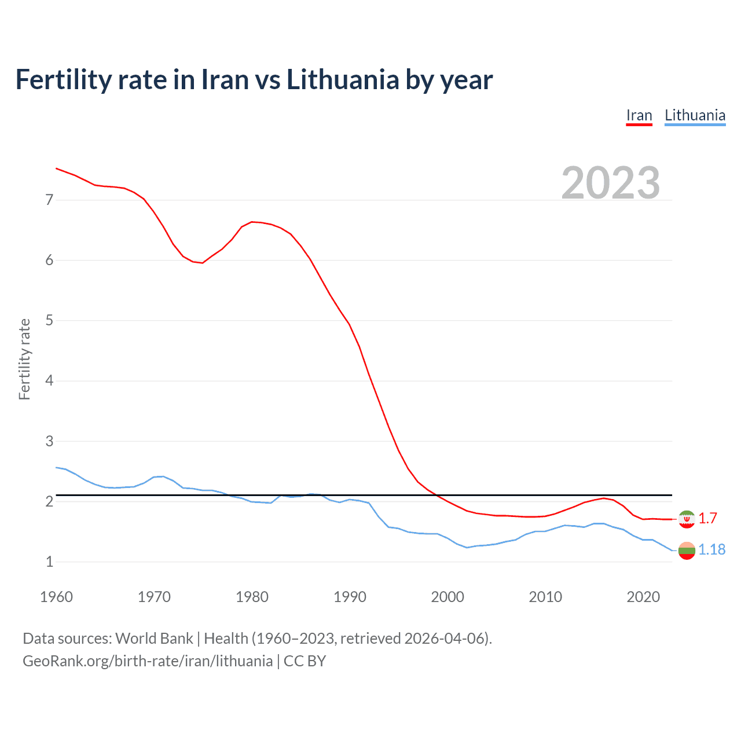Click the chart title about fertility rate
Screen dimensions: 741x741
tap(254, 79)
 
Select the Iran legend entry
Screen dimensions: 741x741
tap(639, 115)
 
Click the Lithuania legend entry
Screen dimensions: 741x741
tap(695, 115)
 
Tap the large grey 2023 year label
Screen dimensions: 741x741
tap(610, 183)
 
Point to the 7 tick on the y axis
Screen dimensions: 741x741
tap(49, 200)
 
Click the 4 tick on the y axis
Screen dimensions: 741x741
tap(49, 381)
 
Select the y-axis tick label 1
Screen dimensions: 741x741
tap(49, 562)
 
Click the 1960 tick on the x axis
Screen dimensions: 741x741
tap(56, 597)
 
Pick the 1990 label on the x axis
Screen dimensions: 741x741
tap(350, 597)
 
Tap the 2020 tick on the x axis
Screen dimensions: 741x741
tap(643, 597)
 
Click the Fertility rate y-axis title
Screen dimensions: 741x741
tap(24, 359)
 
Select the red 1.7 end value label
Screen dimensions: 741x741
tap(707, 518)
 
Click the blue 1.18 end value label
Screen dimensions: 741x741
tap(711, 549)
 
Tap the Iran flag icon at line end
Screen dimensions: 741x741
tap(687, 519)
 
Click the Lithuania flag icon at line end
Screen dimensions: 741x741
tap(687, 551)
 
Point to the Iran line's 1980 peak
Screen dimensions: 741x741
tap(252, 222)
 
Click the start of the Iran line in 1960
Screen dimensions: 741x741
tap(56, 168)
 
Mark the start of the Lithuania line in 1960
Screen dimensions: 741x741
tap(56, 467)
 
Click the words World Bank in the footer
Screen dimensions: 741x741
tap(154, 639)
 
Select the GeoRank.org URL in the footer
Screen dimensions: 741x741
tap(148, 661)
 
